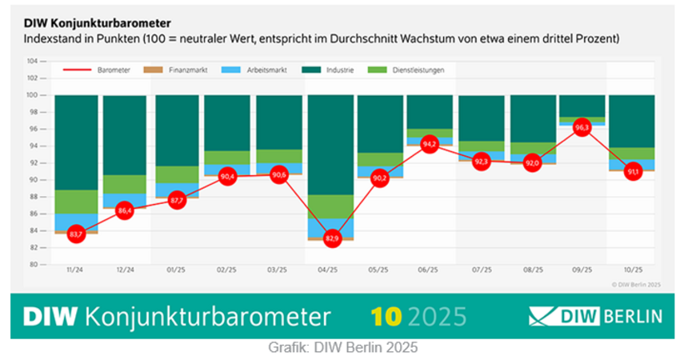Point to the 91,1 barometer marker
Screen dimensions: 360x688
pyautogui.click(x=632, y=171)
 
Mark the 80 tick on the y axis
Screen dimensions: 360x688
pyautogui.click(x=33, y=264)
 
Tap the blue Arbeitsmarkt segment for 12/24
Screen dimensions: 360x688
pyautogui.click(x=125, y=200)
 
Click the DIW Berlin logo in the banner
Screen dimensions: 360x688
pyautogui.click(x=595, y=316)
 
